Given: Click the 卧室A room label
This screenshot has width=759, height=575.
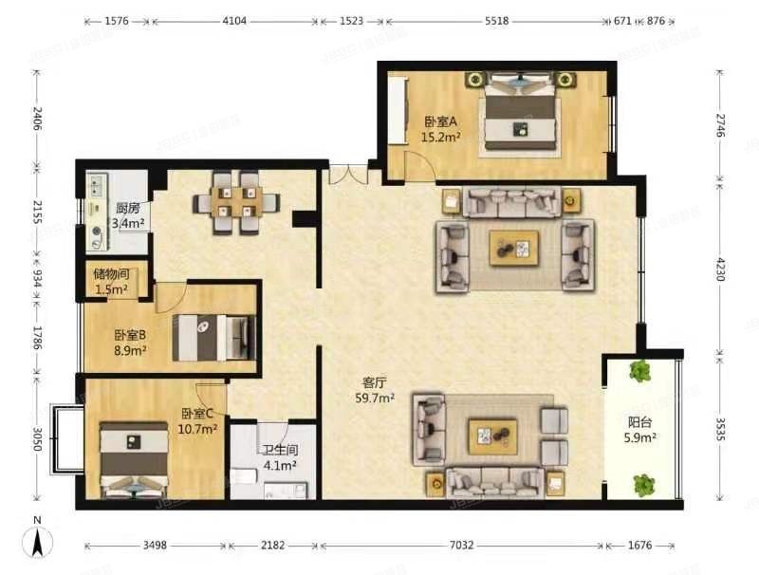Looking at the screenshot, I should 441,121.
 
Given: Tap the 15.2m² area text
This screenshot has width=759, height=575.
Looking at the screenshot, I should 441,137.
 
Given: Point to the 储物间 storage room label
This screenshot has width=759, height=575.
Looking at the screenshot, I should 111,274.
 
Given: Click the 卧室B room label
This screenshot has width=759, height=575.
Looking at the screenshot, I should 130,335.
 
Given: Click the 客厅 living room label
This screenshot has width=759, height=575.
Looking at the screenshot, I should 374,383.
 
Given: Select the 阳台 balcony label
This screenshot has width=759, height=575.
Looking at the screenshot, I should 641,423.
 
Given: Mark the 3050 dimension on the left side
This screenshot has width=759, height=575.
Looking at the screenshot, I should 37,439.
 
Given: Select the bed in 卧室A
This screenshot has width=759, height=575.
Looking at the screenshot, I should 519,119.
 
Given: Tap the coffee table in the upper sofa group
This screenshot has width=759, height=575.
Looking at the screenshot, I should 513,249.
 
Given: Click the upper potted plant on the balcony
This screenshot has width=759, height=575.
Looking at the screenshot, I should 641,371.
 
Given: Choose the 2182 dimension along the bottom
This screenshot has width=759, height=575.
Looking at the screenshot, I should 273,546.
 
